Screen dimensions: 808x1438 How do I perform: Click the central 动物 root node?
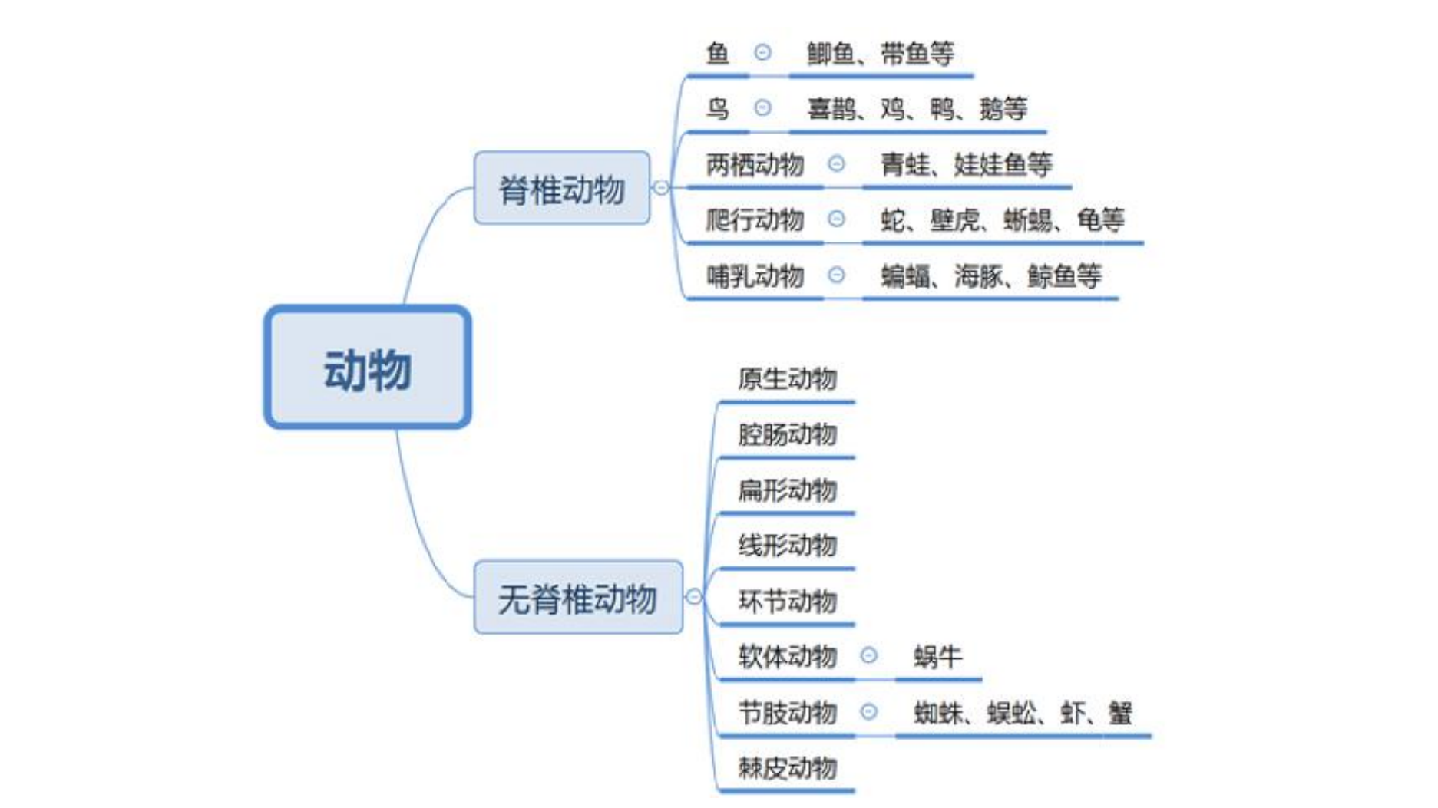tap(367, 367)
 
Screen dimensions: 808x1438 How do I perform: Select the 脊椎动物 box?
tap(562, 188)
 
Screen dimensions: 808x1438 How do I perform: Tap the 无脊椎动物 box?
tap(577, 597)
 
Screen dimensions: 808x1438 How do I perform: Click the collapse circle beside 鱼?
tap(762, 52)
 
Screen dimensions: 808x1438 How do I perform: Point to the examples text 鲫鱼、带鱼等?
tap(881, 53)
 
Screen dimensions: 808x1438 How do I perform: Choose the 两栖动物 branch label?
tap(755, 164)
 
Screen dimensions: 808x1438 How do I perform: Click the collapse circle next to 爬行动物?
tap(836, 219)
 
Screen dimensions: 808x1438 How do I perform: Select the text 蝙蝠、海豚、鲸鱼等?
tap(990, 275)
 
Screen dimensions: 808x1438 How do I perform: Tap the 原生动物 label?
tap(787, 378)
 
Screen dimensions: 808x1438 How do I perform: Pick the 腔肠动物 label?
tap(787, 434)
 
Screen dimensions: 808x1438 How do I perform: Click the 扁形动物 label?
tap(787, 490)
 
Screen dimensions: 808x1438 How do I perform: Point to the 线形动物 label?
tap(787, 546)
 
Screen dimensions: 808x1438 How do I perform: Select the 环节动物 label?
tap(787, 601)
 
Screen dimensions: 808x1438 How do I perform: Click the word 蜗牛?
tap(937, 657)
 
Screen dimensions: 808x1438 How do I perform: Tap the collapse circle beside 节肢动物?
tap(868, 712)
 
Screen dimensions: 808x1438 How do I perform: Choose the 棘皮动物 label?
tap(787, 767)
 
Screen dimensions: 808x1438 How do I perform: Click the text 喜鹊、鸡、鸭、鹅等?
tap(917, 109)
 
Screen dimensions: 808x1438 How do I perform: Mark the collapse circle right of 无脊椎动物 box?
tap(694, 597)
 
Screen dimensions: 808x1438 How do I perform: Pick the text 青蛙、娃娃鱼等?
tap(966, 164)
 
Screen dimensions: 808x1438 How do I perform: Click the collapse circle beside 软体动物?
tap(868, 655)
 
